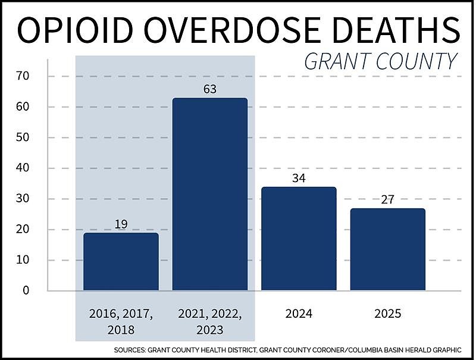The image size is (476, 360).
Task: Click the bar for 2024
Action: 299,239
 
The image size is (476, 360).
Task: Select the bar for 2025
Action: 388,249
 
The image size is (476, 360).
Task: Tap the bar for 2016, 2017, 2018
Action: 121,261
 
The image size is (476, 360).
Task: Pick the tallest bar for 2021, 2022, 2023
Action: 210,194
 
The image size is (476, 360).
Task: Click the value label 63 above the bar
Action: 210,90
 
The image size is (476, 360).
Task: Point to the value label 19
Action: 121,224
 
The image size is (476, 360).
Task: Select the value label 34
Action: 299,179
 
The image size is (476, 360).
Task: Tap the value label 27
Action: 388,200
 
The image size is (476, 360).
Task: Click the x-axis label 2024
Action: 299,314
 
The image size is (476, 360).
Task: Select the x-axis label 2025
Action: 388,314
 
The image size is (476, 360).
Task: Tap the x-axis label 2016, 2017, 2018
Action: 121,321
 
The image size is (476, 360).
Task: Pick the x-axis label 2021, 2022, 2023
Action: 210,321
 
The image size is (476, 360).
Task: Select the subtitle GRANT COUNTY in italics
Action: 381,61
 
